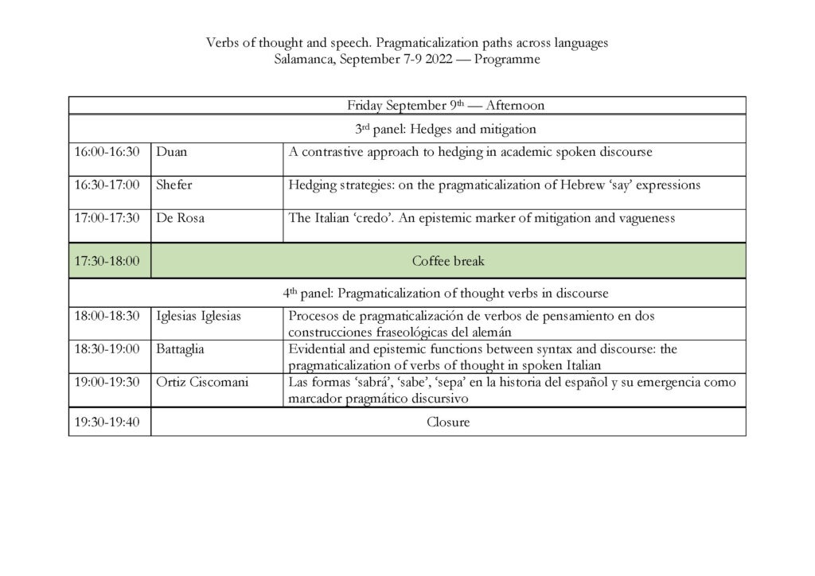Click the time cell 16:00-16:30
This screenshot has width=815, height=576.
click(107, 152)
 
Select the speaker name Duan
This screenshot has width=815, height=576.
click(172, 152)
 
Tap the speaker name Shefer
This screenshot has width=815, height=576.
click(174, 185)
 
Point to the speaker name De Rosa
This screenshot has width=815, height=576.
click(180, 218)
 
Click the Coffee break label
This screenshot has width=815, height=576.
click(448, 261)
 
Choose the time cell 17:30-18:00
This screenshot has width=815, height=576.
click(107, 261)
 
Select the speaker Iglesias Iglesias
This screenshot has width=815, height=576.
click(199, 316)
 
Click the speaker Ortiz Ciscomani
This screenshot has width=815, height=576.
click(202, 382)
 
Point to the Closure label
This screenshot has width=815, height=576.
click(448, 422)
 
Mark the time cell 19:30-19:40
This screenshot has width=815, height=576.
click(107, 422)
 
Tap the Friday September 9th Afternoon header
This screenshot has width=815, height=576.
click(445, 106)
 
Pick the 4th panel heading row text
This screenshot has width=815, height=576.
click(445, 293)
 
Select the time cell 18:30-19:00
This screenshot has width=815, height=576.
click(107, 349)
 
